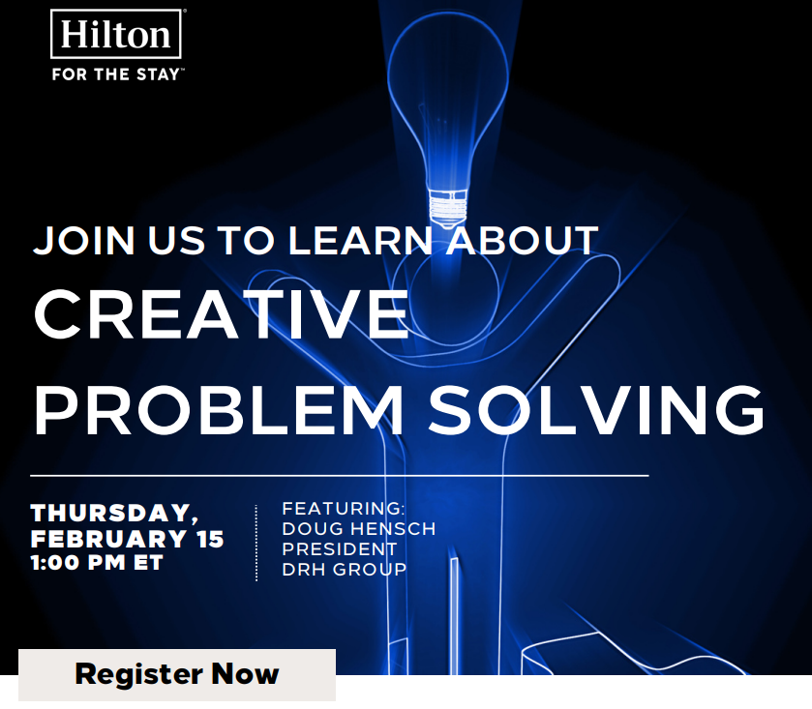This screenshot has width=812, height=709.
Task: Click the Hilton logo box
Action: [116, 34]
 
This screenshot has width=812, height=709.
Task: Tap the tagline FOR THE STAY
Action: [116, 74]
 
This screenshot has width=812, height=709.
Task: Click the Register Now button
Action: [177, 674]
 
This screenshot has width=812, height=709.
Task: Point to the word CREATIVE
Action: [221, 314]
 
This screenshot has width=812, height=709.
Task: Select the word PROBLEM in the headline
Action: [219, 410]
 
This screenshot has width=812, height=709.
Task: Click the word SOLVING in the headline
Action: [596, 410]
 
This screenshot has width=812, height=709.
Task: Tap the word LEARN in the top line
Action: [360, 241]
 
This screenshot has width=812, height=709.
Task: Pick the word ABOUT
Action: [523, 241]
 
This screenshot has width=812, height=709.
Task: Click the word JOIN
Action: [84, 241]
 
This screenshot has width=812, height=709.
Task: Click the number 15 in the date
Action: [210, 539]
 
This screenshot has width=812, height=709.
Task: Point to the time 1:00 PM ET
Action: [97, 563]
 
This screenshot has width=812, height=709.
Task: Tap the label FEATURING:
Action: [343, 509]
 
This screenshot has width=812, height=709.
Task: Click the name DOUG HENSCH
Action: [359, 529]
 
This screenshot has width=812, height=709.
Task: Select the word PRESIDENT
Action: [340, 549]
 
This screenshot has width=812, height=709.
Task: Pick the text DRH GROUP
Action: [345, 570]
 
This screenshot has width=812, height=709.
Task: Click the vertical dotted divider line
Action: [256, 543]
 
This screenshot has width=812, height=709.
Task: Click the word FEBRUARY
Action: [108, 539]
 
